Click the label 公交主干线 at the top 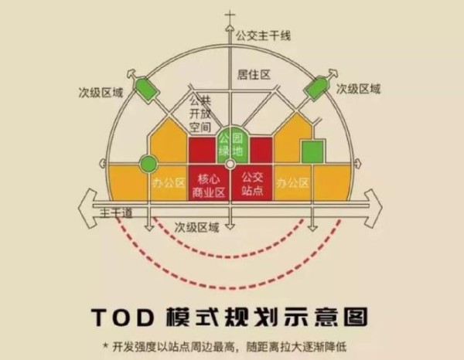pyautogui.click(x=263, y=36)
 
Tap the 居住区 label pyautogui.click(x=254, y=74)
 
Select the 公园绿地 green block pyautogui.click(x=230, y=145)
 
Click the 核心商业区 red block pyautogui.click(x=209, y=182)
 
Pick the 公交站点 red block pyautogui.click(x=252, y=182)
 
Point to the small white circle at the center pyautogui.click(x=230, y=165)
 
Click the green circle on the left pyautogui.click(x=148, y=164)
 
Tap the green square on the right pyautogui.click(x=312, y=151)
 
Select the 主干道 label pyautogui.click(x=116, y=212)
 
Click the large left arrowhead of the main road pyautogui.click(x=87, y=208)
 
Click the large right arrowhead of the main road pyautogui.click(x=374, y=208)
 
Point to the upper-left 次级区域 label pyautogui.click(x=101, y=93)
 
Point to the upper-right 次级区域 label pyautogui.click(x=358, y=89)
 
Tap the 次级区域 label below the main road pyautogui.click(x=196, y=228)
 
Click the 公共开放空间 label pyautogui.click(x=200, y=114)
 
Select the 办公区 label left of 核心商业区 pyautogui.click(x=169, y=183)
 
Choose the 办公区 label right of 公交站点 pyautogui.click(x=292, y=183)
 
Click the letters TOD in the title pyautogui.click(x=123, y=318)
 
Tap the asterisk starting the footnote pyautogui.click(x=105, y=345)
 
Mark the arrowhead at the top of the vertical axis pyautogui.click(x=230, y=28)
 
